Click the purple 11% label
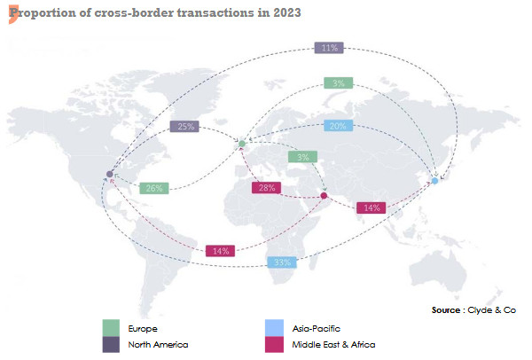[331, 48]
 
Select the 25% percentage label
[184, 127]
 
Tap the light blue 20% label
[338, 126]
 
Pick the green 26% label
[154, 188]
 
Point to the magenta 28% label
[265, 188]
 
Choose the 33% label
[282, 262]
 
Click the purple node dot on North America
[109, 174]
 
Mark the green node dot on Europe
[241, 143]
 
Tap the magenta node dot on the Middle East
[324, 196]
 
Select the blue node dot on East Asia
[434, 181]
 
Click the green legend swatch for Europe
[111, 328]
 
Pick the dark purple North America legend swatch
[111, 344]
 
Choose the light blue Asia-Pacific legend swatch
[274, 328]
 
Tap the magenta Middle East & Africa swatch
[274, 344]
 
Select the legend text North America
[158, 344]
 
